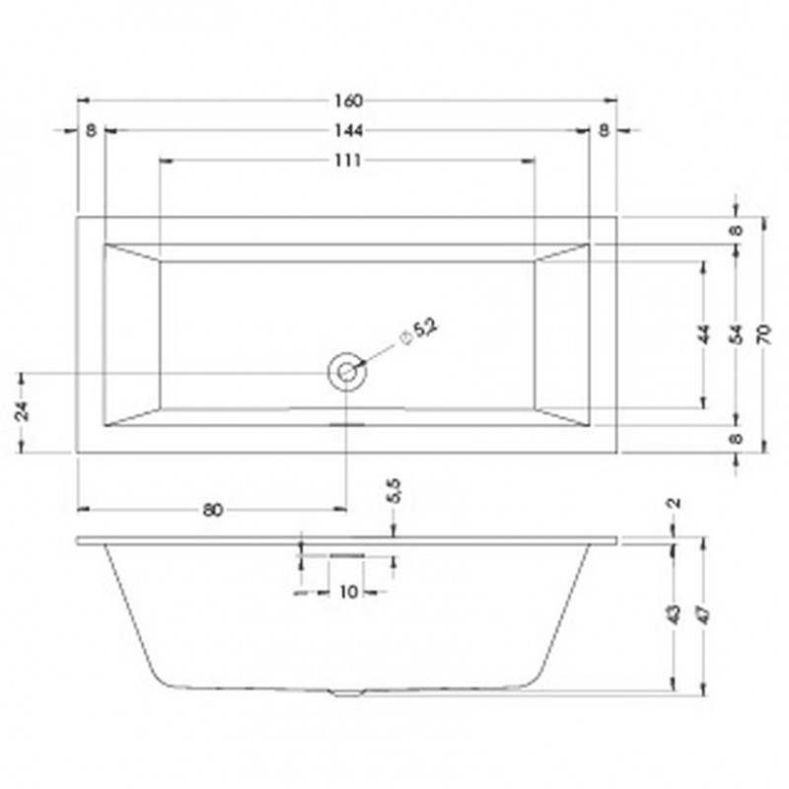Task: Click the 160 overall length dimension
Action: [348, 101]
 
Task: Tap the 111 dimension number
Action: [348, 161]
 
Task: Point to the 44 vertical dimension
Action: [703, 333]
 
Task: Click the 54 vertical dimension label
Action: [735, 333]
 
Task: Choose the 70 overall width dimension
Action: [764, 333]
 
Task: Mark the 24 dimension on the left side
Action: [22, 411]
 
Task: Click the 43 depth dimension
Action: [674, 613]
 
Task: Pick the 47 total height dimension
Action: [704, 613]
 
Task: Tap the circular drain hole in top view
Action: [346, 372]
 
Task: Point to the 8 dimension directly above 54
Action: [735, 230]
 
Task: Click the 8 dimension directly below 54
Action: [735, 440]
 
